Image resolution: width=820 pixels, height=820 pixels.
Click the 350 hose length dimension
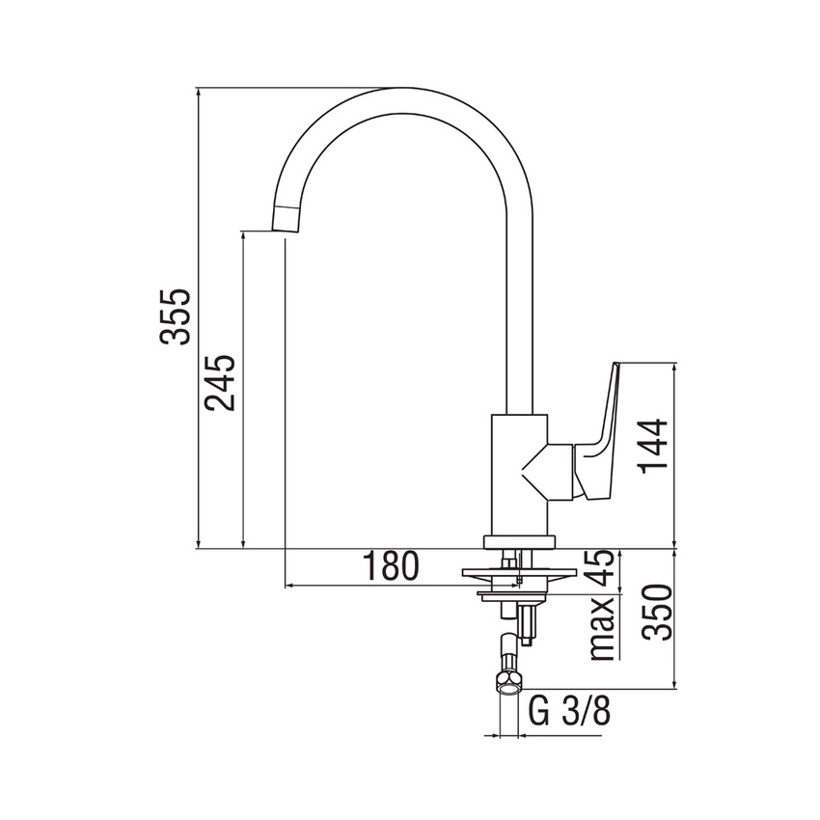point(655,614)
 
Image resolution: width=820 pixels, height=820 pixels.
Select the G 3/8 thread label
point(571,715)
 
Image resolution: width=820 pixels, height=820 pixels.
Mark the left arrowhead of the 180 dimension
point(290,586)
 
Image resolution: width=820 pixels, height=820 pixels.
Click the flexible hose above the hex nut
point(509,648)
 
